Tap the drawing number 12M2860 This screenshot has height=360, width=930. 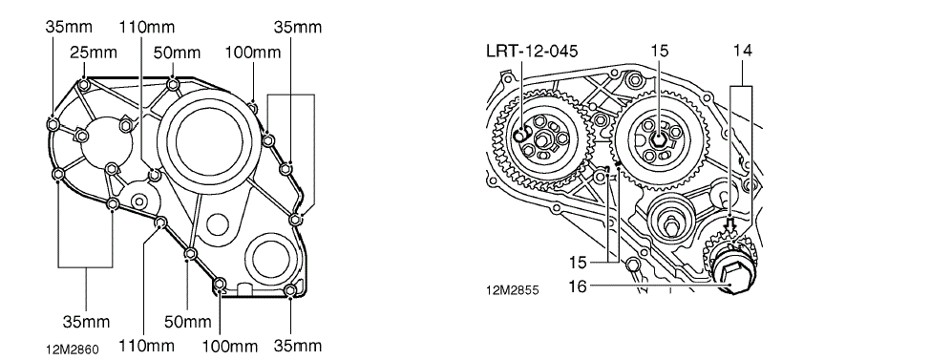(72, 349)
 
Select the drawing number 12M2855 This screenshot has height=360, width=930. (513, 291)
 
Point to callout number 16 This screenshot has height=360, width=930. (577, 286)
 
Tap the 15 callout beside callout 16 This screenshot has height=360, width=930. (577, 261)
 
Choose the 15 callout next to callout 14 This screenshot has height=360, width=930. (659, 51)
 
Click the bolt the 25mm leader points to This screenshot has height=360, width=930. (84, 85)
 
